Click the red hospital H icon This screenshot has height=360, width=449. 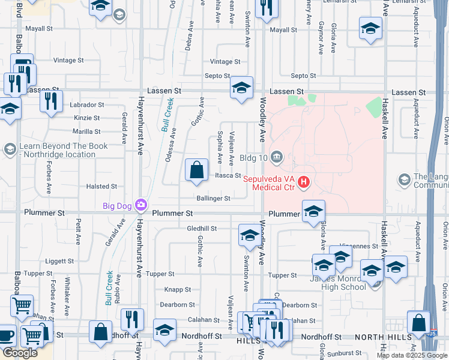click(304, 181)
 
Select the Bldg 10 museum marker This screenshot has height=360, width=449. click(277, 157)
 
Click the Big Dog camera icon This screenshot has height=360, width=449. click(141, 206)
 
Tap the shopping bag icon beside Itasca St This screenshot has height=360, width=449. click(197, 171)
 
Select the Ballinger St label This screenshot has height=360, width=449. click(213, 198)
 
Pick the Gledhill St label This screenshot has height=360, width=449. click(202, 229)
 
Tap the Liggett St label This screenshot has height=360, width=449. click(59, 262)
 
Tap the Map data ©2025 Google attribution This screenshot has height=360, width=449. click(411, 355)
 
